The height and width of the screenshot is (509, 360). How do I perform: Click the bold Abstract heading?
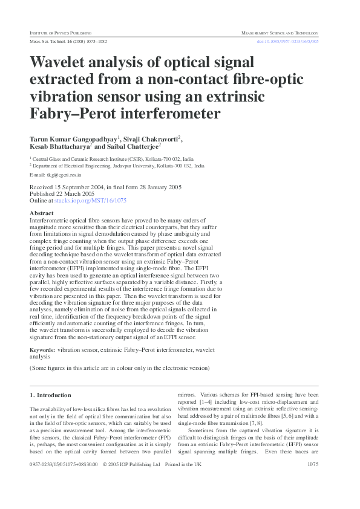[x=41, y=213]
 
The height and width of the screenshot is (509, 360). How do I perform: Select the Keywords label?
[x=42, y=350]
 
